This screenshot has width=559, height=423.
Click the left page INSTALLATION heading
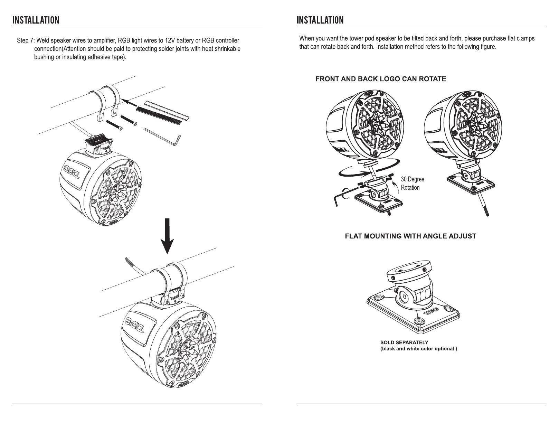pos(36,20)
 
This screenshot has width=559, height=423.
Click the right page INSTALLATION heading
pos(320,20)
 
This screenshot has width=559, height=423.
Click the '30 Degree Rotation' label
pos(412,184)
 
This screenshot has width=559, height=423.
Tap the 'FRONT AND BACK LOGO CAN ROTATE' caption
pos(381,79)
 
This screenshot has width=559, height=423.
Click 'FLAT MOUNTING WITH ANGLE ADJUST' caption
pos(410,236)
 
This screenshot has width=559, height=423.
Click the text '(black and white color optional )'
pos(418,349)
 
